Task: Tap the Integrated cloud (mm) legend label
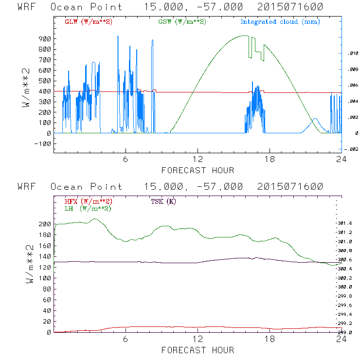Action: click(x=280, y=22)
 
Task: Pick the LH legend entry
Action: click(x=88, y=208)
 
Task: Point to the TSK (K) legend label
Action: click(x=163, y=201)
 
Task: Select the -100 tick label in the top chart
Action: click(x=43, y=144)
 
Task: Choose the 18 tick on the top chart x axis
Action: click(x=270, y=160)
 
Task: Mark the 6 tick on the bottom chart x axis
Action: click(x=126, y=339)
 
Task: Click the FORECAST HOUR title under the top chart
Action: click(x=198, y=170)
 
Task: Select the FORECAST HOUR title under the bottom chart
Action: click(x=198, y=350)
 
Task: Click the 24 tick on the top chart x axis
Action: click(x=341, y=160)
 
